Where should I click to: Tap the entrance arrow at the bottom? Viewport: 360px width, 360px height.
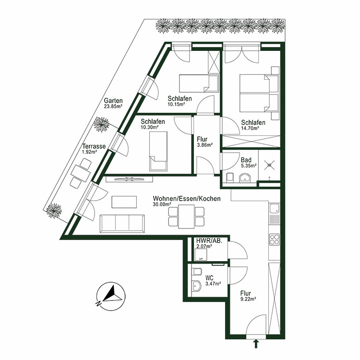click(255, 343)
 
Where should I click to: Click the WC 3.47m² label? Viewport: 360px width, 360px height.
click(213, 281)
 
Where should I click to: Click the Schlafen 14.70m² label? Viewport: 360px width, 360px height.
click(250, 125)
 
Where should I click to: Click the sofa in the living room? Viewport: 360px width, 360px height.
click(123, 223)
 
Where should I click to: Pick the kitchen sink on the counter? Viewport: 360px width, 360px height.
click(274, 209)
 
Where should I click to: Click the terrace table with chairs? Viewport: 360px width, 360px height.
click(81, 173)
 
